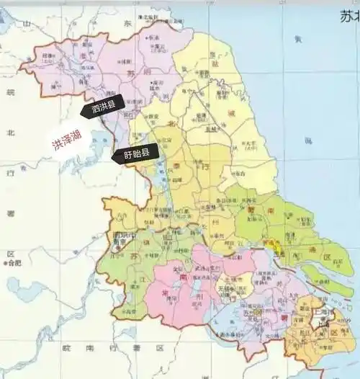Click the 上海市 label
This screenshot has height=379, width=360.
tap(323, 314)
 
